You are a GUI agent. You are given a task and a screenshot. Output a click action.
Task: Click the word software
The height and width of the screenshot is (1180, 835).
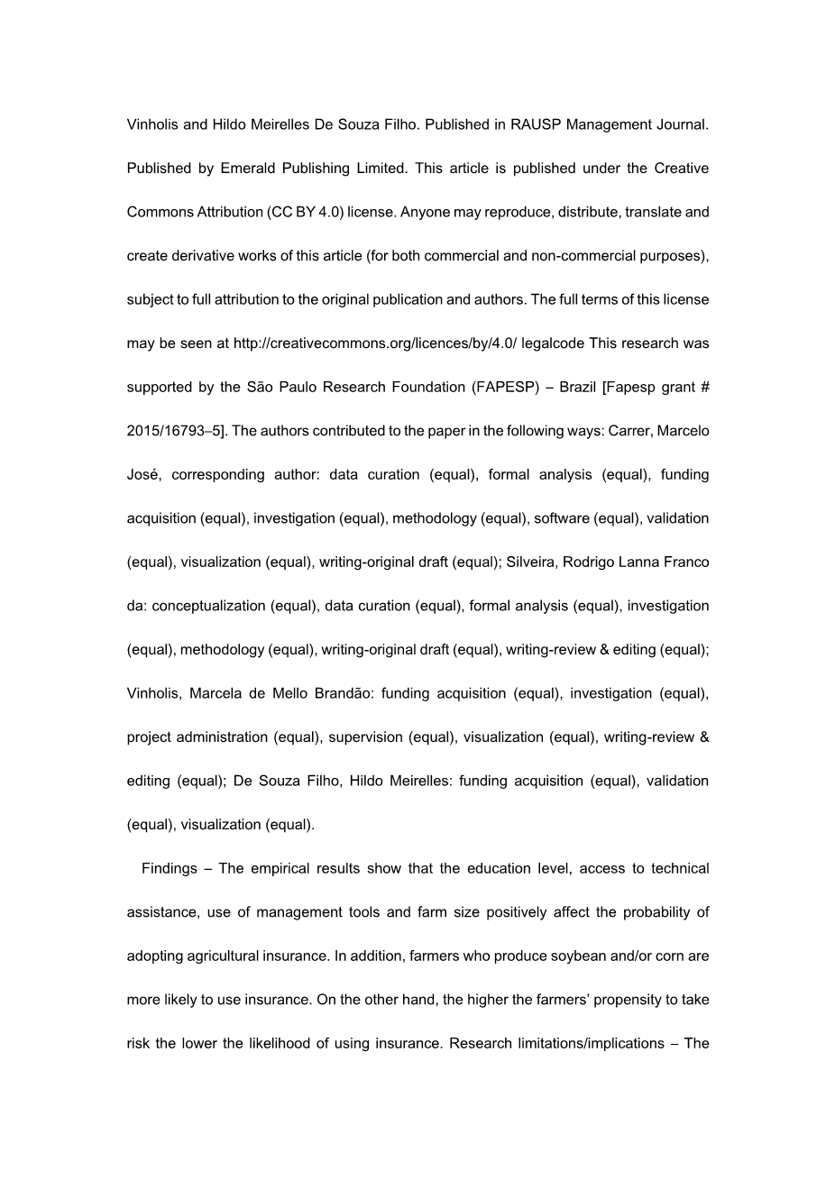tap(563, 518)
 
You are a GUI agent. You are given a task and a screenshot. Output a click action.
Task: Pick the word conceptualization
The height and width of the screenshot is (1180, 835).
tap(208, 606)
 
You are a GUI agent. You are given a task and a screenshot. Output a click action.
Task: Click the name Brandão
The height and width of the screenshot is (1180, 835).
tap(342, 693)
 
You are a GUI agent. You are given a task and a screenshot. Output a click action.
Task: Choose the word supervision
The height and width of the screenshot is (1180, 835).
tap(365, 737)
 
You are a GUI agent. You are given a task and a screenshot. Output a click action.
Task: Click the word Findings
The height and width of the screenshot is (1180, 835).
tap(169, 869)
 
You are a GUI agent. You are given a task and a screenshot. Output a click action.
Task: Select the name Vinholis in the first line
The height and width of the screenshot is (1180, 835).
tap(152, 124)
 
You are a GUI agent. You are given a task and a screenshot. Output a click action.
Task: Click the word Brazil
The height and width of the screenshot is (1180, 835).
tap(577, 388)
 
